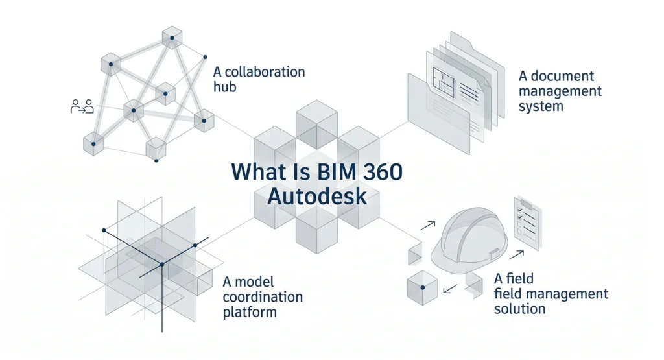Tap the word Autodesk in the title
[317, 196]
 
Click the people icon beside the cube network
[82, 106]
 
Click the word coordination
[263, 297]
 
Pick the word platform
[250, 312]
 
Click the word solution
[519, 308]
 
